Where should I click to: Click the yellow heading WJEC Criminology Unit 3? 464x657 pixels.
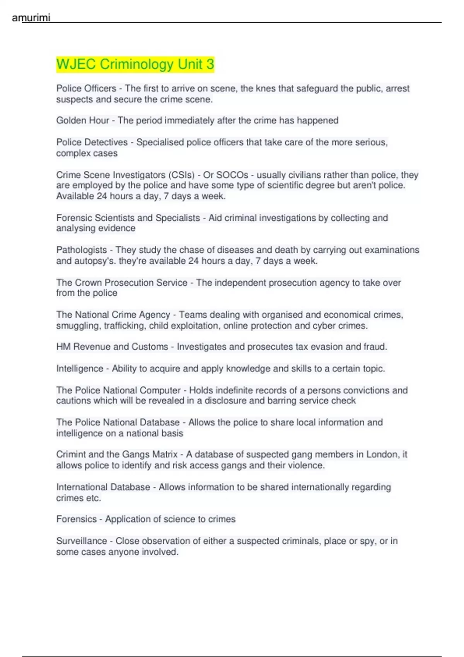135,64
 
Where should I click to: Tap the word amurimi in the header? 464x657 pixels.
31,18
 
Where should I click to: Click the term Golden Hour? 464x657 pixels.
82,121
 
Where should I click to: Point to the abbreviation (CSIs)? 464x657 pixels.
181,175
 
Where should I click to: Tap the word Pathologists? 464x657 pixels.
81,250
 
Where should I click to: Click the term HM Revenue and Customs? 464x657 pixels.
112,347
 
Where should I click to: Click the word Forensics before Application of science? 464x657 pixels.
76,519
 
